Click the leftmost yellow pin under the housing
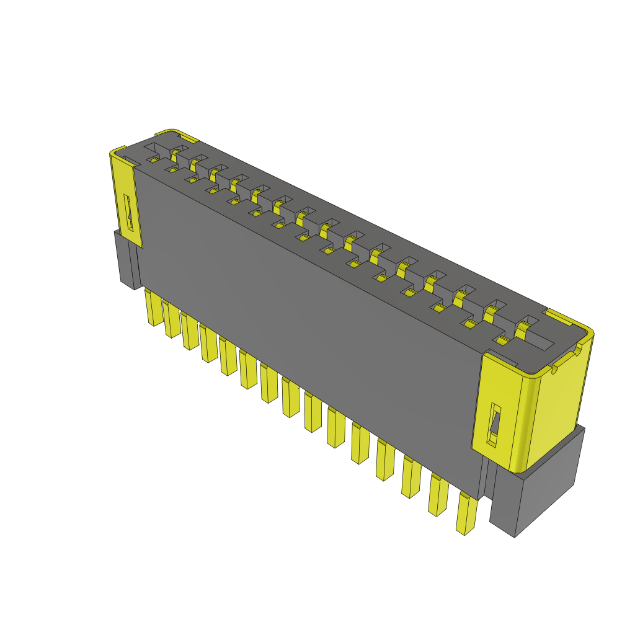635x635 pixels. coord(153,308)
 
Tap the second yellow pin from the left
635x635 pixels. coord(171,319)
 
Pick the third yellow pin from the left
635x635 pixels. coord(190,332)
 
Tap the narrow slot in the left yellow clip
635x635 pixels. coord(129,214)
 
